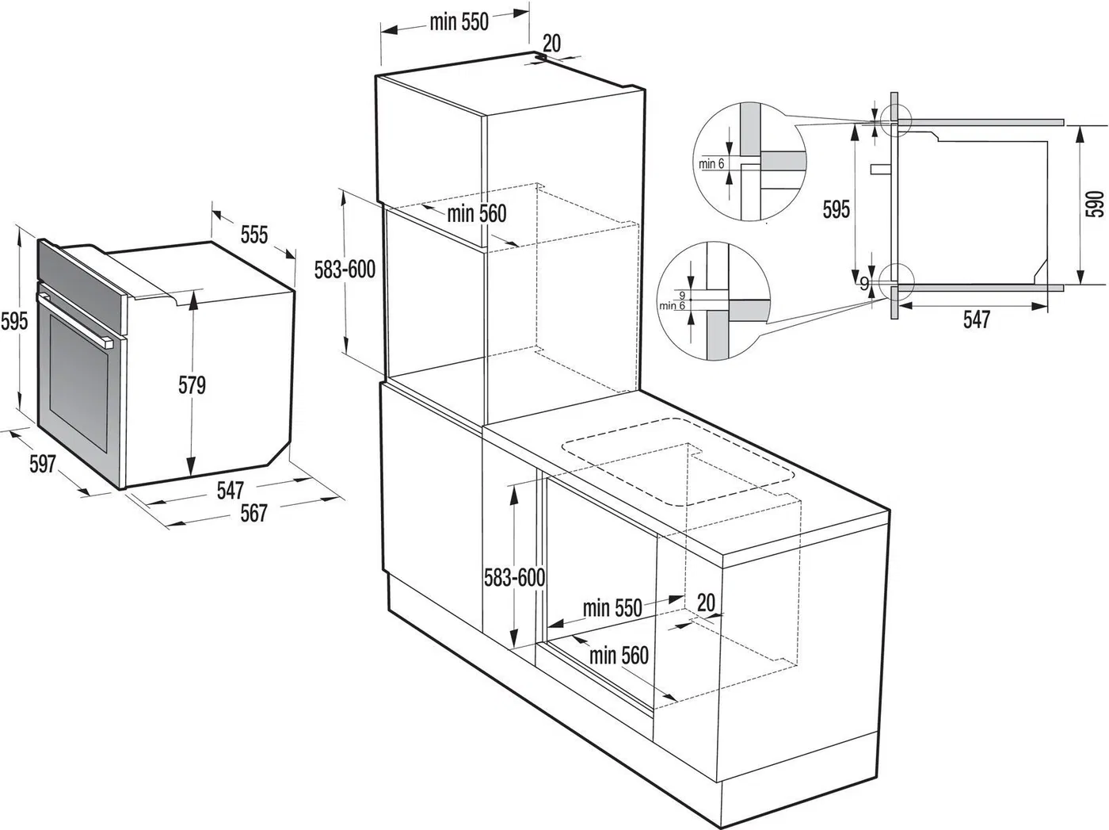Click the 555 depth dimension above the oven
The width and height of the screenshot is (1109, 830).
[254, 235]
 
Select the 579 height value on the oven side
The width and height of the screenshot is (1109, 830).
[192, 385]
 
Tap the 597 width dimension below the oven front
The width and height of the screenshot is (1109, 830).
[43, 463]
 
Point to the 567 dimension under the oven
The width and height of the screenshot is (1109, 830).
[253, 513]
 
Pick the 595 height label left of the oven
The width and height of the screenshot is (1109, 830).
[14, 321]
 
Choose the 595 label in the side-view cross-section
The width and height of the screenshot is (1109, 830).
[837, 209]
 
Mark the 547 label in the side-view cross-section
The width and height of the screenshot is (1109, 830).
[976, 319]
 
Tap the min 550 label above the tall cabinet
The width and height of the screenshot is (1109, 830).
[459, 22]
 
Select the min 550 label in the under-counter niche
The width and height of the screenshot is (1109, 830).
[612, 608]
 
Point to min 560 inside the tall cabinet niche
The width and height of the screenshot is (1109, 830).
[476, 213]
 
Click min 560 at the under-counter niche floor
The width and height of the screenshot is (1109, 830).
[619, 655]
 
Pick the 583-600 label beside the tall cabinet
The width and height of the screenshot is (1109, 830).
[345, 270]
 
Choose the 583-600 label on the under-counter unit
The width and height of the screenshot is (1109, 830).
[515, 577]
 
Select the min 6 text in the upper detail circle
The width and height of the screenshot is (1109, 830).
[711, 164]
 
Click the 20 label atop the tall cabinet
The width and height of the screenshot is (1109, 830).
[552, 43]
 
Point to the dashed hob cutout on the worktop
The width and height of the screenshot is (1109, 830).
[678, 464]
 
